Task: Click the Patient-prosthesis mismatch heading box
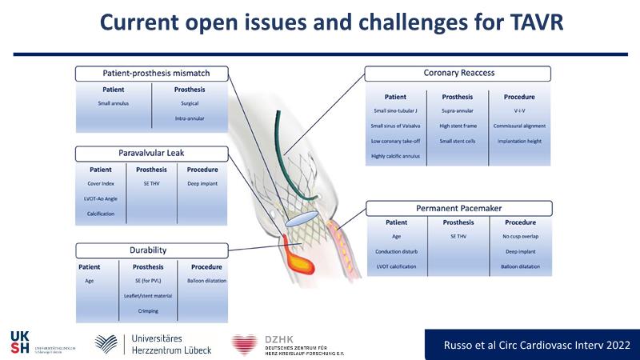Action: click(155, 74)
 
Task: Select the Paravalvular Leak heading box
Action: click(155, 152)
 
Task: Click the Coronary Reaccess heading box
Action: click(458, 74)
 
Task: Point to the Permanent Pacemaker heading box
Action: click(458, 208)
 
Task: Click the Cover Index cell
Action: click(101, 184)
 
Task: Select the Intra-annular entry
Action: click(190, 119)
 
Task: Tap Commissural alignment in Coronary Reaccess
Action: click(519, 126)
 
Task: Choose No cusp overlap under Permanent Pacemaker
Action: click(519, 238)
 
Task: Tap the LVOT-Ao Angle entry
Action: click(101, 199)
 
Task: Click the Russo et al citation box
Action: click(531, 344)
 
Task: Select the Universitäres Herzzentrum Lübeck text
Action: click(168, 344)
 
